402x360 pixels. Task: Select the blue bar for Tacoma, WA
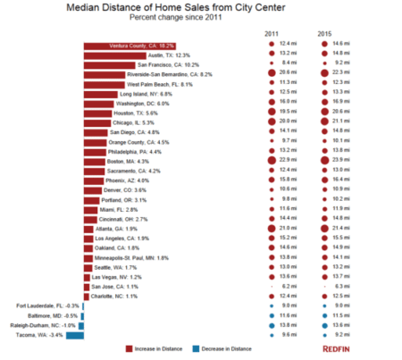75,336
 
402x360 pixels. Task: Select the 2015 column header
324,32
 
